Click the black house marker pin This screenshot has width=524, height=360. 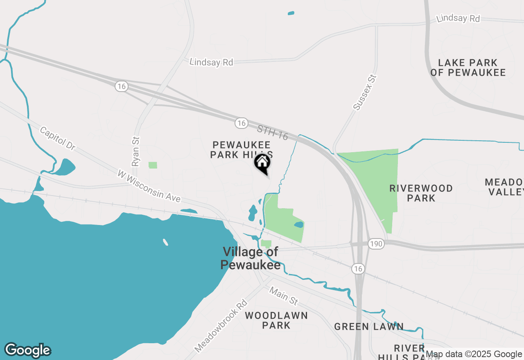262,163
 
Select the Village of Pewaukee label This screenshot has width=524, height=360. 250,258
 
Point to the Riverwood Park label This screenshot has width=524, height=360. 421,193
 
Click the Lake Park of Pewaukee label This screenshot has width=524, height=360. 468,67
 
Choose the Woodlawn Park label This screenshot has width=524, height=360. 276,320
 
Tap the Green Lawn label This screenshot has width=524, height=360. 369,326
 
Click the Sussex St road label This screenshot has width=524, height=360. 364,92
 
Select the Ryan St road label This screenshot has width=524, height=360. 136,151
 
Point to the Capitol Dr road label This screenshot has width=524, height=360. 58,138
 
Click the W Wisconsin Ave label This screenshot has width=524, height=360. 149,186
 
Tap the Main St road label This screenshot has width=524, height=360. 283,296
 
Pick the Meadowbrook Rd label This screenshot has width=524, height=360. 221,326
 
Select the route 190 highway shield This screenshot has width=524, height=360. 376,244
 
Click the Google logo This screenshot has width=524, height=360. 28,350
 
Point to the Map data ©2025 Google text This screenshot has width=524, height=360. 474,354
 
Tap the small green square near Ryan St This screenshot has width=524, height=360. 153,165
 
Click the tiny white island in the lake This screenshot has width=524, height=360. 165,242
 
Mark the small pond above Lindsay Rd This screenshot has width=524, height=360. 291,13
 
